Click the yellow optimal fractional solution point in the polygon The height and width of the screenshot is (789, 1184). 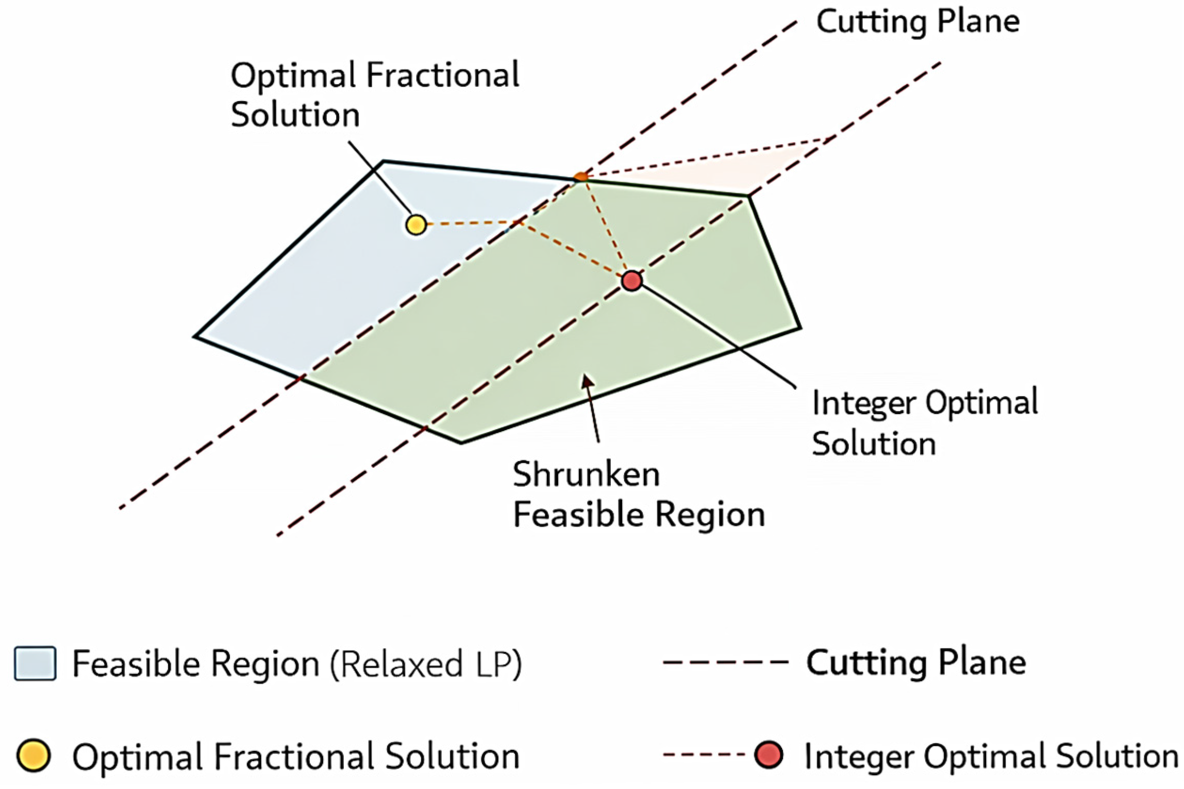[x=416, y=225]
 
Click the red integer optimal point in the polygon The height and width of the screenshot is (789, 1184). [x=631, y=281]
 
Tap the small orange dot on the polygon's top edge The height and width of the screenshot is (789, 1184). [x=581, y=177]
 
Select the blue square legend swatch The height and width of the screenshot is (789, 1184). [x=35, y=663]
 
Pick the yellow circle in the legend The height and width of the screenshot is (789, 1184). [x=34, y=756]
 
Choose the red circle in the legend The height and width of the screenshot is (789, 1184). [x=769, y=755]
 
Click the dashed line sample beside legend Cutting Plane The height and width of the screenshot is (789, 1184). [x=726, y=662]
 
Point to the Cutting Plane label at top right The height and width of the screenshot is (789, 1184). [x=918, y=22]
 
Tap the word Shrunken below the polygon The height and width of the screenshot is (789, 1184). [x=586, y=474]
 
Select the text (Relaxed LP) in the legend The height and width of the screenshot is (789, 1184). [x=426, y=664]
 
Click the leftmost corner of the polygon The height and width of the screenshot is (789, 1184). [x=194, y=337]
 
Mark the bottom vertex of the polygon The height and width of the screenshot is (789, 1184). [x=461, y=442]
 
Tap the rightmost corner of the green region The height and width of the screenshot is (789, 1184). [x=799, y=328]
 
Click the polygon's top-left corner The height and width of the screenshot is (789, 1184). [x=382, y=161]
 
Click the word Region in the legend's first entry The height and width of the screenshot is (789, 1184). [x=265, y=664]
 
